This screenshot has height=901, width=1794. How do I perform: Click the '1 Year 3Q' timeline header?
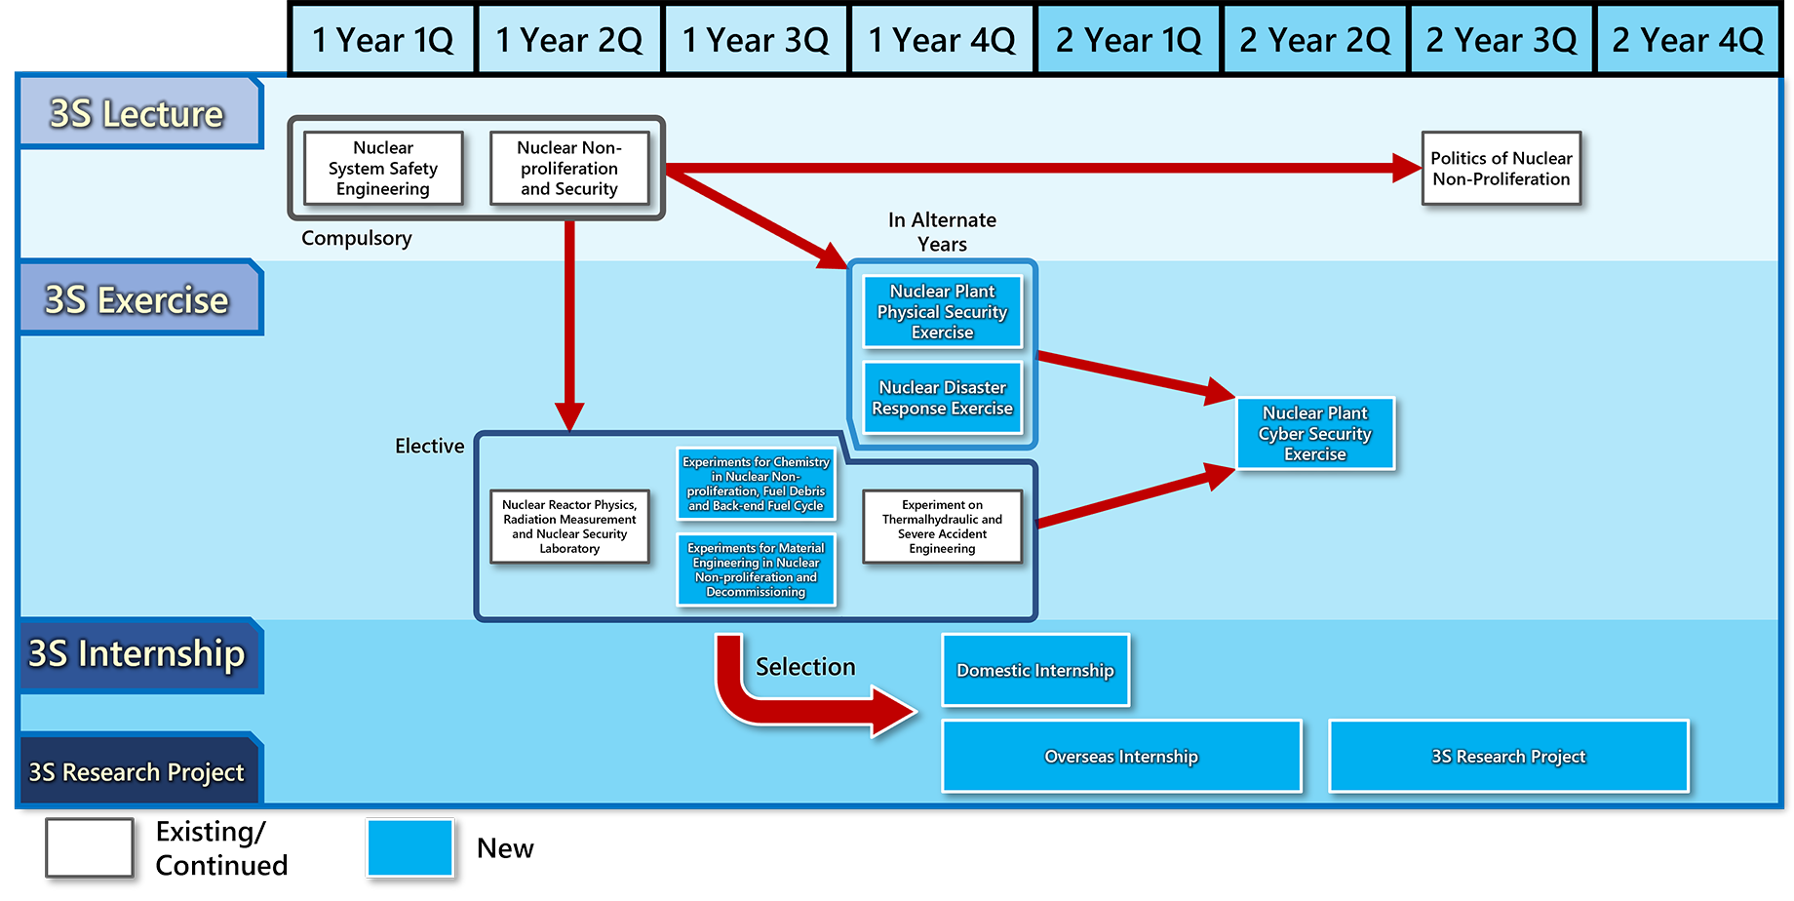(757, 40)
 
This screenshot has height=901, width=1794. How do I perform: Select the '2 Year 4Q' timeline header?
(1688, 40)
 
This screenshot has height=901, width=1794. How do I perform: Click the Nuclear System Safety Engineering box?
(383, 169)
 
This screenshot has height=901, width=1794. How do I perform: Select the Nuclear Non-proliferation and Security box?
(569, 169)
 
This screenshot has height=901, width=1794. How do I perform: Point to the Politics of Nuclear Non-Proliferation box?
(1501, 169)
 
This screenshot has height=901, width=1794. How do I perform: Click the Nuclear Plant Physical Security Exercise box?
(943, 312)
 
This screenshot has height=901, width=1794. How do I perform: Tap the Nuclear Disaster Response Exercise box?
(943, 398)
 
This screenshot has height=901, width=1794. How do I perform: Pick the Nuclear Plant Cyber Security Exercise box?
(1315, 434)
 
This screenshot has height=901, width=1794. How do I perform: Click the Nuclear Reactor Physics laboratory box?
(569, 527)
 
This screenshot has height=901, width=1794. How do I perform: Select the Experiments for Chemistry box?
(757, 484)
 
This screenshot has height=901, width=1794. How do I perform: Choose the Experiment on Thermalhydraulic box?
(943, 527)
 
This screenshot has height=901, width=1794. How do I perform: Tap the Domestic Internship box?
(1035, 670)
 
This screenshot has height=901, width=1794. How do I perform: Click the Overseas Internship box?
(1122, 756)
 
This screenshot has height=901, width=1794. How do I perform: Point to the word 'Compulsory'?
(357, 238)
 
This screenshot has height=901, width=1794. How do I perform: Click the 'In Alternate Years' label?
(943, 232)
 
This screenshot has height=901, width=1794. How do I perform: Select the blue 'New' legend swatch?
(410, 847)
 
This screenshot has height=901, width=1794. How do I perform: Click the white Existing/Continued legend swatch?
(90, 847)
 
